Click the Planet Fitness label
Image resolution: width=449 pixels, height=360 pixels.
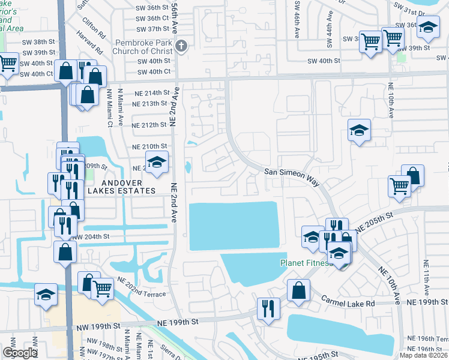click(x=306, y=263)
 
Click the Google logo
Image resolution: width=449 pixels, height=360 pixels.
click(x=20, y=353)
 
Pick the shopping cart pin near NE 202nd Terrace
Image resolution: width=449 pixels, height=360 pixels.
click(x=103, y=287)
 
